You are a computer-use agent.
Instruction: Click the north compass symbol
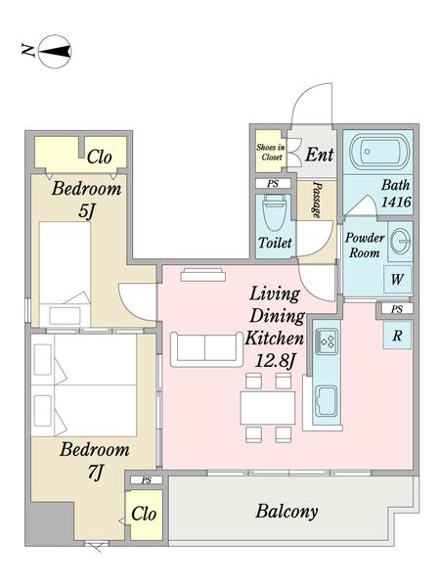point(55,52)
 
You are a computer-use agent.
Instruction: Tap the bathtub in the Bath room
point(377,152)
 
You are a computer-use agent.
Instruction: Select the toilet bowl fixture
point(275,213)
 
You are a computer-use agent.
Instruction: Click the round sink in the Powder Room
point(400,240)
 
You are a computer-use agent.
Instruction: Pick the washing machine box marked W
point(397,279)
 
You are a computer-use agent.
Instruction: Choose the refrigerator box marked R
point(397,336)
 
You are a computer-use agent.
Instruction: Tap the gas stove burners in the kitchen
point(327,341)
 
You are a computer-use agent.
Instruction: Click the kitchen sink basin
point(327,401)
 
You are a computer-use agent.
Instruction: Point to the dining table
point(268,408)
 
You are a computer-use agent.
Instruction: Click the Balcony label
point(286,512)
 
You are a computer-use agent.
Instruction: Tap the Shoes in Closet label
point(271,152)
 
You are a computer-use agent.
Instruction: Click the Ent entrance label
point(319,155)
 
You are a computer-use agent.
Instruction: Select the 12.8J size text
point(275,361)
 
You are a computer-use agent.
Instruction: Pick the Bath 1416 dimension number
point(396,203)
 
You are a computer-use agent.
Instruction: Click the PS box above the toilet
point(273,184)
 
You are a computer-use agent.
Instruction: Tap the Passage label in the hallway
point(317,200)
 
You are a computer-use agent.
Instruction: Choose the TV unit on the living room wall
point(202,275)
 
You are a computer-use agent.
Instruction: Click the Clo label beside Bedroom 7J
point(144,514)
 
